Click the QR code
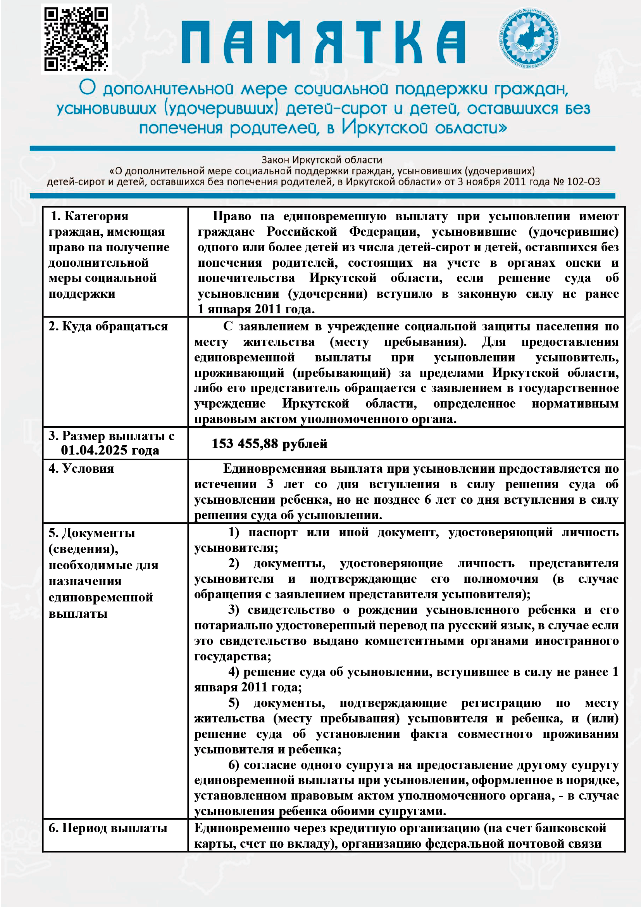pyautogui.click(x=76, y=39)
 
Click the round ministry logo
pyautogui.click(x=529, y=38)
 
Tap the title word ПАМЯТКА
pyautogui.click(x=323, y=42)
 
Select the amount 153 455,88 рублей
pyautogui.click(x=270, y=444)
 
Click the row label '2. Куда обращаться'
pyautogui.click(x=108, y=326)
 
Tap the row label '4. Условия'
pyautogui.click(x=81, y=468)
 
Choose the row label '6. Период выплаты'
pyautogui.click(x=108, y=828)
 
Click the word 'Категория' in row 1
pyautogui.click(x=96, y=216)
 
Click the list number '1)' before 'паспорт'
pyautogui.click(x=234, y=532)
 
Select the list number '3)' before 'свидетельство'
pyautogui.click(x=234, y=610)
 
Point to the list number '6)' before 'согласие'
pyautogui.click(x=234, y=765)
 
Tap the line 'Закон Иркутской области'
pyautogui.click(x=322, y=160)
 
